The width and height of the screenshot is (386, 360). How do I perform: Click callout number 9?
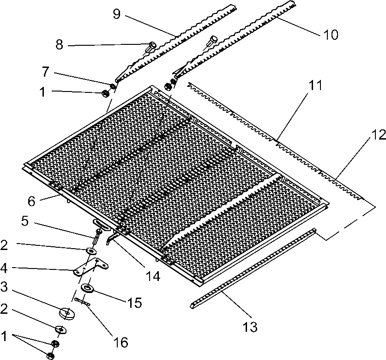pos(116,14)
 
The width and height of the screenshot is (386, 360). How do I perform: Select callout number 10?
pos(331,34)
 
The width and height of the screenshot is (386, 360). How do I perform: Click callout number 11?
pos(315,86)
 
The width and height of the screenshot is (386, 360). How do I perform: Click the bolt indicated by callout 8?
pos(152,45)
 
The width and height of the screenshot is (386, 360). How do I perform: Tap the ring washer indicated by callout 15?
pos(87,289)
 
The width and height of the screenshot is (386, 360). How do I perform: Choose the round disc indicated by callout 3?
pos(67,313)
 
